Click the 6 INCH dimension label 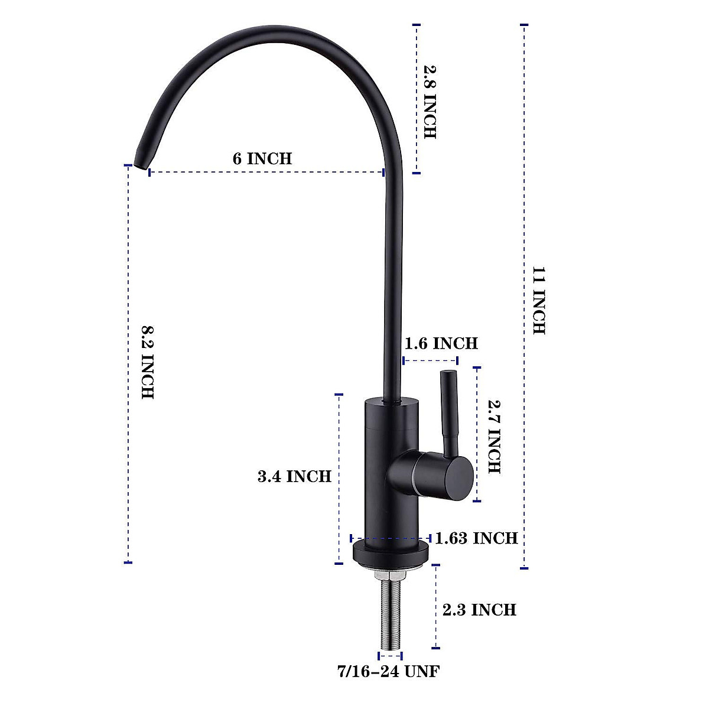pos(262,159)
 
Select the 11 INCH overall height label pos(539,301)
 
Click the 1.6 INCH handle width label pos(441,343)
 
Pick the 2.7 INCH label pos(494,437)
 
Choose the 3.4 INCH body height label pos(294,476)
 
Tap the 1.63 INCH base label pos(476,538)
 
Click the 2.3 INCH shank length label pos(479,609)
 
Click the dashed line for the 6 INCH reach pos(266,173)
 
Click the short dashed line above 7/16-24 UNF pos(390,655)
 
